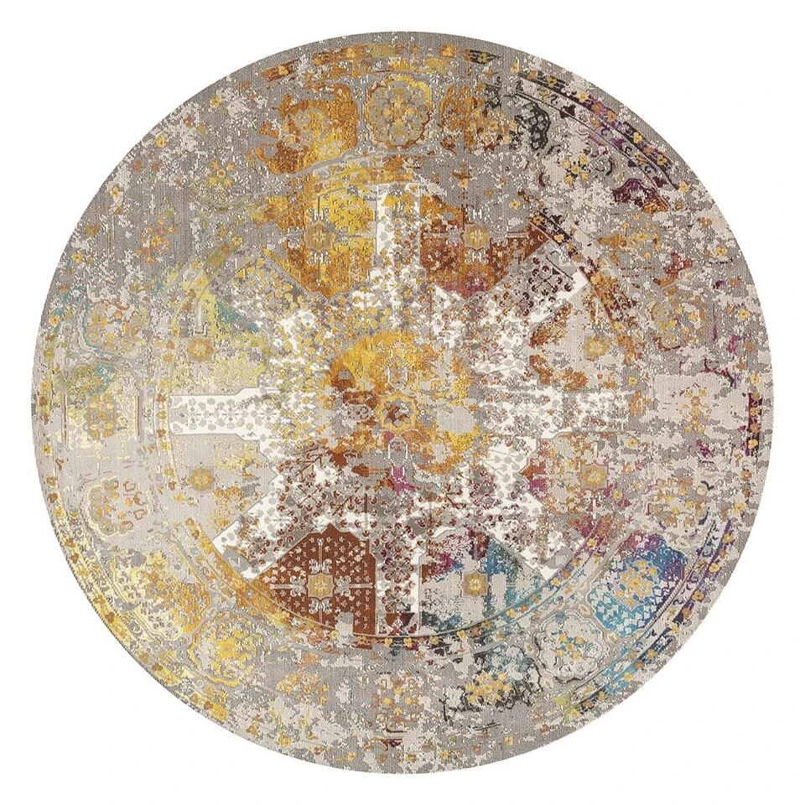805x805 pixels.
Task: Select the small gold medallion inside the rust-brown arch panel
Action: point(319,579)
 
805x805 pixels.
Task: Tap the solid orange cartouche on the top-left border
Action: point(293,126)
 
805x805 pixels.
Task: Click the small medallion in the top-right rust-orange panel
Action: point(475,235)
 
